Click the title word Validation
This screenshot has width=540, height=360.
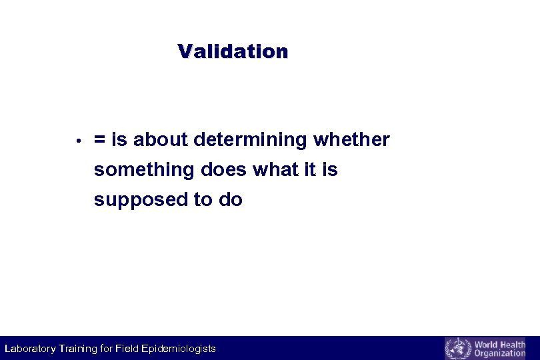[233, 51]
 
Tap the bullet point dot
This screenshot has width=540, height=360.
[78, 141]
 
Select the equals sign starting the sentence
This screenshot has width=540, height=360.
[100, 140]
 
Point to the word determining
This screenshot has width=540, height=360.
[251, 140]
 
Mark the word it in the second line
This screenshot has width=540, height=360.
[310, 170]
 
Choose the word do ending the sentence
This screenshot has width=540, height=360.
[231, 200]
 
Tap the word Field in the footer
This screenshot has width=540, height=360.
[127, 349]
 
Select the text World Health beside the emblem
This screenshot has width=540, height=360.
[499, 344]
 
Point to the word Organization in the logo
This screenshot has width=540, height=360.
[499, 353]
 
